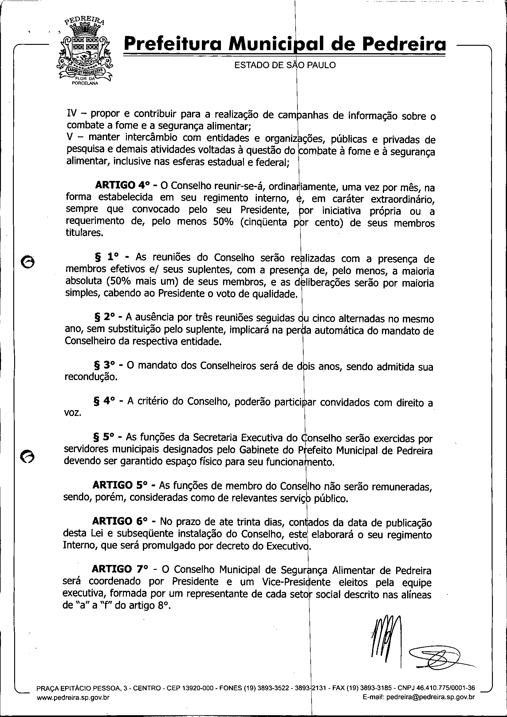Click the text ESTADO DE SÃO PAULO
285,65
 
